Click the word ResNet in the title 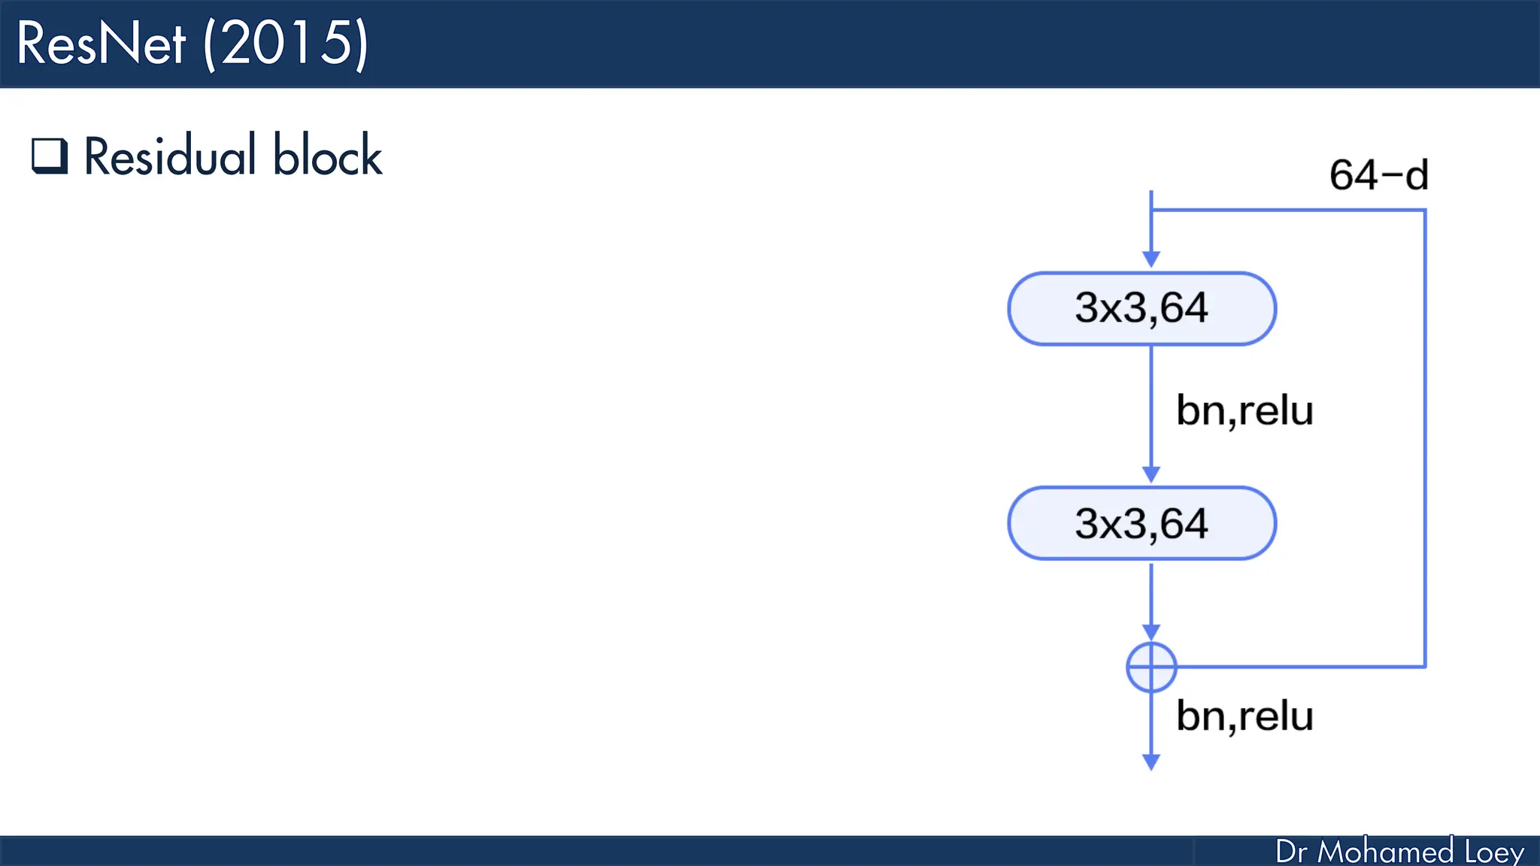coord(101,44)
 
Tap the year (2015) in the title coord(286,44)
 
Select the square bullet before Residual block coord(50,156)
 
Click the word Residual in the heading coord(170,156)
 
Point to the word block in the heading coord(327,156)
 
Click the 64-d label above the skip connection coord(1378,175)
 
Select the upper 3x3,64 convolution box coord(1141,308)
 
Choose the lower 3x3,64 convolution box coord(1141,523)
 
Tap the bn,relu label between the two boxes coord(1244,410)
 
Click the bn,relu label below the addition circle coord(1244,716)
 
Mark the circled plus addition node coord(1151,667)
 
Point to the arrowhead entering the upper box coord(1151,259)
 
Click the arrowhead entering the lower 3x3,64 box coord(1151,474)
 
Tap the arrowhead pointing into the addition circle coord(1151,632)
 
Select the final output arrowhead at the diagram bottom coord(1151,762)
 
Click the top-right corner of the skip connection coord(1424,210)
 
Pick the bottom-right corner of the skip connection coord(1424,666)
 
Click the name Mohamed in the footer coord(1385,852)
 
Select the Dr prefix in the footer coord(1291,852)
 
